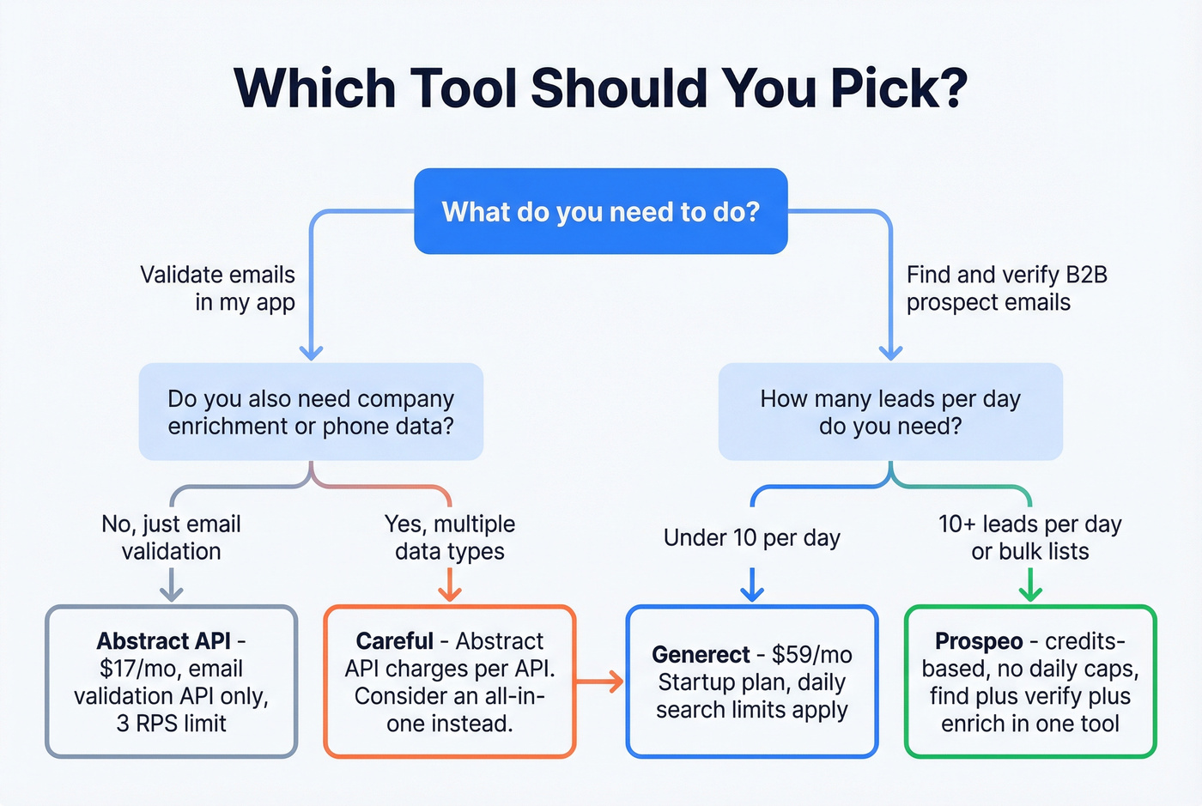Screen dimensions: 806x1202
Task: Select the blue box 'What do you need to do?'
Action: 600,211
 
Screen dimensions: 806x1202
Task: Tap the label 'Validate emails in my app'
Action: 218,288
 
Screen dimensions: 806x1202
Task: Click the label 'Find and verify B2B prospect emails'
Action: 1006,288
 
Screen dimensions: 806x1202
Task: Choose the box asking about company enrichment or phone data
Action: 311,412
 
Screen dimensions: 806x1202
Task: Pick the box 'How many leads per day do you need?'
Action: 890,412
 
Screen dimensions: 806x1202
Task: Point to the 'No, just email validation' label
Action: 171,537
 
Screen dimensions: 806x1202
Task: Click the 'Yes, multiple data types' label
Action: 450,537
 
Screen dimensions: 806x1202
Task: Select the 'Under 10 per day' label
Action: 751,538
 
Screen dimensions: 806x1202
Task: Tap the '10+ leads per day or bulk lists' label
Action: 1029,537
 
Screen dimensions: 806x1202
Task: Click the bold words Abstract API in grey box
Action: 163,641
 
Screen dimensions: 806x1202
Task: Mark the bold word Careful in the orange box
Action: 394,641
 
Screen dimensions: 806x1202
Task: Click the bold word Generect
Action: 701,655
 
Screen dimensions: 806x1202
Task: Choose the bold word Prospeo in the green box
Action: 979,641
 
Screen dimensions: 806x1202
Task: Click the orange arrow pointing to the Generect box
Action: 601,682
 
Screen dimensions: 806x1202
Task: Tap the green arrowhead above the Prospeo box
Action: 1029,592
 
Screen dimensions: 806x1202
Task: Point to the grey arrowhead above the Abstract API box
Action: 172,592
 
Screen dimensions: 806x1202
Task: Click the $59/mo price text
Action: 811,655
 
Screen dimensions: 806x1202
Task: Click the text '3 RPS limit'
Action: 171,724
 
